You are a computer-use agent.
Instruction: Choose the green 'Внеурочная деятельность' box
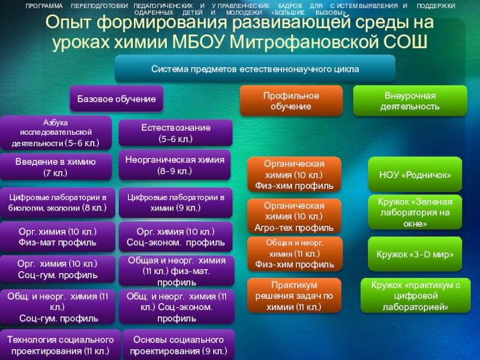tap(409, 101)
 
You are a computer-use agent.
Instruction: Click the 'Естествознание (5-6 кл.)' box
tap(175, 133)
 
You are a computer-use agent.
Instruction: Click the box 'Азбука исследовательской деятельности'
tap(56, 133)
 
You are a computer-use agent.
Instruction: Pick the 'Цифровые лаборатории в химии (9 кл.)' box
tap(175, 202)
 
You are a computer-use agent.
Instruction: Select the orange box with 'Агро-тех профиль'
tap(294, 216)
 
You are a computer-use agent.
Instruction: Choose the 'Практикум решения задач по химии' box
tap(294, 295)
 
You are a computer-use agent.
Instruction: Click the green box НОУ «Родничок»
tap(415, 174)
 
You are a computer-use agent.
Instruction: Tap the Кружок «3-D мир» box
tap(415, 254)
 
